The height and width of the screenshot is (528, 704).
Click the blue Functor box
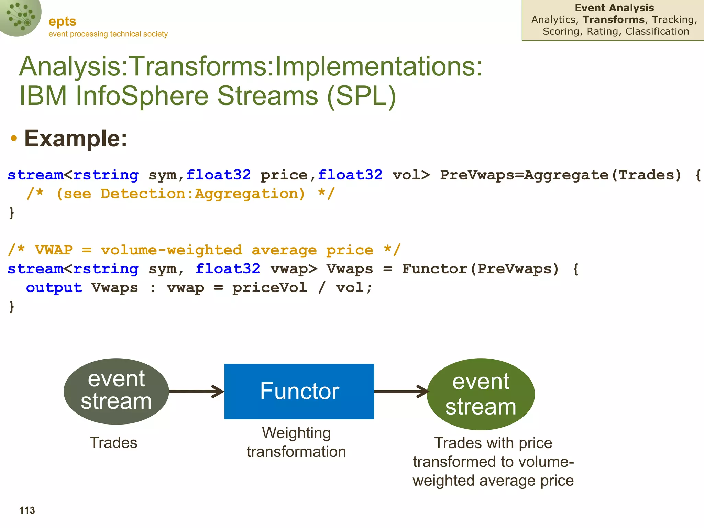point(299,391)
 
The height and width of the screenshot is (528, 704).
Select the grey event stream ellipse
point(116,391)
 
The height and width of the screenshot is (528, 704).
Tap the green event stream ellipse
point(481,394)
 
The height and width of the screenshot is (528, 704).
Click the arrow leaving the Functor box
point(401,391)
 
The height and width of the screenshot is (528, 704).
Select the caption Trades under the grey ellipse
point(113,443)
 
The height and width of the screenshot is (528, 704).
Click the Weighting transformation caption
point(296,442)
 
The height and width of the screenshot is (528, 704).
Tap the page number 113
point(27,510)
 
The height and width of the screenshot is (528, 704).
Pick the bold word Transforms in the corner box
point(614,20)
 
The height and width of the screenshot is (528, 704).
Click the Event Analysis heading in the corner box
point(614,8)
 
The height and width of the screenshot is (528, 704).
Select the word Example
point(76,139)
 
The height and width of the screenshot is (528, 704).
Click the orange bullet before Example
point(14,138)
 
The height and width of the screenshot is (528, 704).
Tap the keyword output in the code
point(54,288)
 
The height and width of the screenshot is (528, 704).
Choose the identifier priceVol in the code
point(269,288)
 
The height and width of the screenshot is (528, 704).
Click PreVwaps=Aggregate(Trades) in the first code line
point(560,175)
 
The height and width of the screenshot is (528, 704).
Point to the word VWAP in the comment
point(54,250)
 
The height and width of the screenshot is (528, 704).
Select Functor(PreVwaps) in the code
point(481,269)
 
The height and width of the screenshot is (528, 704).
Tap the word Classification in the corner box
point(657,31)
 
